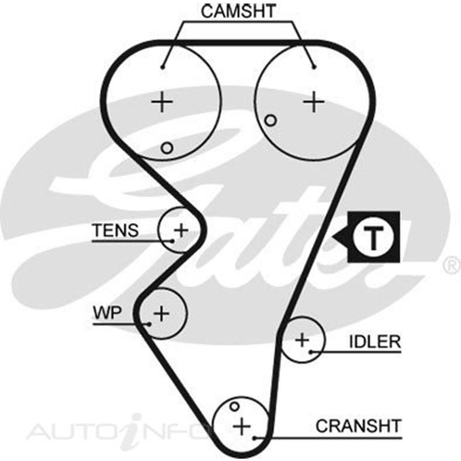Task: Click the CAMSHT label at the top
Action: point(238,12)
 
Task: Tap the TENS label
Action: point(115,230)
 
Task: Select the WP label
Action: point(107,313)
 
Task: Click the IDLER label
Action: point(375,342)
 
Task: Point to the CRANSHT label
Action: point(358,426)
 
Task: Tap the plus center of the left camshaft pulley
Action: point(162,102)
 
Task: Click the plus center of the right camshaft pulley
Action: point(314,102)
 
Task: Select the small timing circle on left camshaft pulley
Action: point(167,148)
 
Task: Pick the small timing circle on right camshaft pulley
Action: point(270,121)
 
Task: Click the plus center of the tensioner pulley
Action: point(181,230)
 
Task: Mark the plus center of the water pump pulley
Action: point(162,313)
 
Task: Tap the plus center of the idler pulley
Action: point(302,340)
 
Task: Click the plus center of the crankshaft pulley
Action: point(242,426)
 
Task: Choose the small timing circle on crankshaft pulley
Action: point(234,406)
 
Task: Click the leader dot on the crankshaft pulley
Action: point(254,438)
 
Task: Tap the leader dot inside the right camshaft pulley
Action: point(314,67)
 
